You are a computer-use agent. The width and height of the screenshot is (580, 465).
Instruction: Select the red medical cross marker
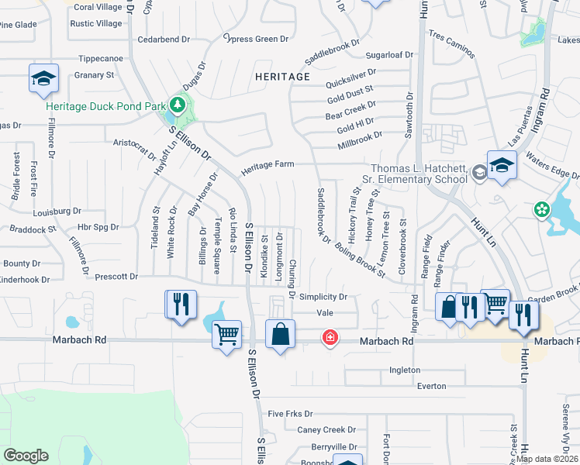pyautogui.click(x=330, y=337)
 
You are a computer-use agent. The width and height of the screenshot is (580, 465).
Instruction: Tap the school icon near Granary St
pyautogui.click(x=43, y=77)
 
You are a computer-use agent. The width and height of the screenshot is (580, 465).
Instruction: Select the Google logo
pyautogui.click(x=26, y=456)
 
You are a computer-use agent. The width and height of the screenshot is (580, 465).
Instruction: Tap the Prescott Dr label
pyautogui.click(x=116, y=276)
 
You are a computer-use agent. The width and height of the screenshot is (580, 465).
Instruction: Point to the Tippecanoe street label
pyautogui.click(x=102, y=58)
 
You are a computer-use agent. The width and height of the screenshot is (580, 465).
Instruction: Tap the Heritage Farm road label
pyautogui.click(x=268, y=166)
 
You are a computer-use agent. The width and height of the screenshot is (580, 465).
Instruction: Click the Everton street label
pyautogui.click(x=431, y=386)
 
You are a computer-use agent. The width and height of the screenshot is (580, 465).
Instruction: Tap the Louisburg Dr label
pyautogui.click(x=57, y=211)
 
